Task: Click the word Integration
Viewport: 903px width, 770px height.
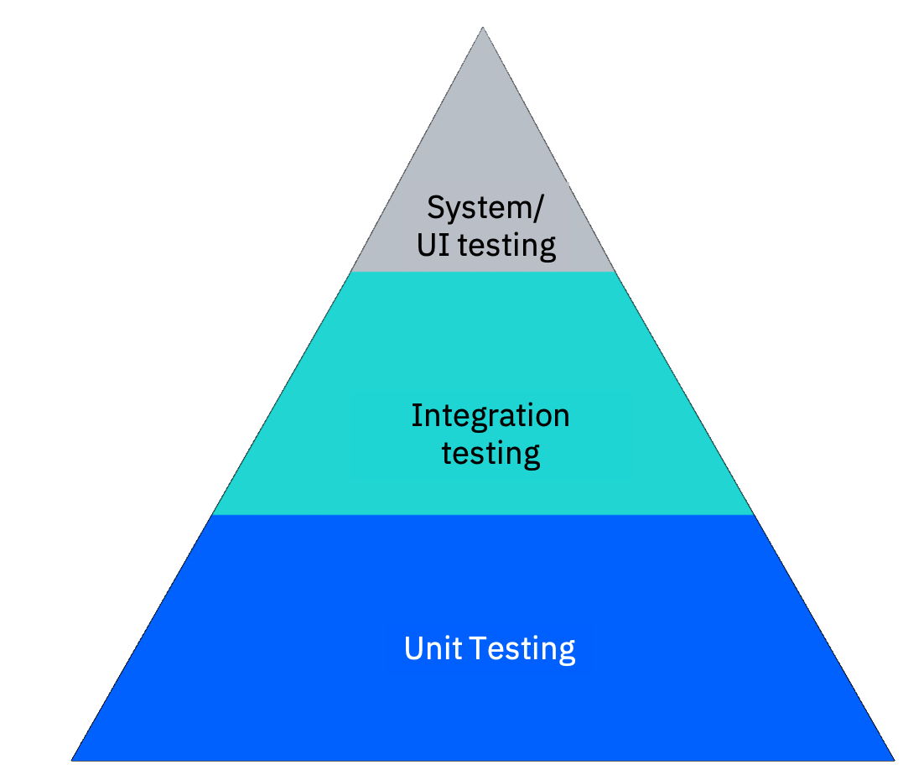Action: click(x=490, y=415)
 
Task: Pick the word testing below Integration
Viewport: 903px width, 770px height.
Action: click(x=490, y=454)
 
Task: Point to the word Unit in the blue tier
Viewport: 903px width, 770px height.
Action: click(x=432, y=648)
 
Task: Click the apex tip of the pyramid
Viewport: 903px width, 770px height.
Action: click(x=483, y=29)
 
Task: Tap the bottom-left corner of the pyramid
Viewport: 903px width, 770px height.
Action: click(x=73, y=760)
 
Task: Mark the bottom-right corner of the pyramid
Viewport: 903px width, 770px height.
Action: click(x=894, y=760)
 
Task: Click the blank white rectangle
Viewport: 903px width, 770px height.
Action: click(x=194, y=91)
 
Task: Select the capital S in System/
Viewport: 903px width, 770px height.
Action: click(x=435, y=206)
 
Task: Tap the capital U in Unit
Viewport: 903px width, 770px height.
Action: click(x=413, y=648)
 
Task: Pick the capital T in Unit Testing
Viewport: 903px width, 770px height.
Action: click(x=477, y=648)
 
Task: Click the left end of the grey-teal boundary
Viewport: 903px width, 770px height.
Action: click(x=350, y=271)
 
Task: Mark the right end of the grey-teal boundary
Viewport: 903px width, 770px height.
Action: click(x=615, y=271)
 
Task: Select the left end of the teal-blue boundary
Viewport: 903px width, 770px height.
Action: click(x=213, y=514)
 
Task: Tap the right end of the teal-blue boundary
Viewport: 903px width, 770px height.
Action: click(x=753, y=514)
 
